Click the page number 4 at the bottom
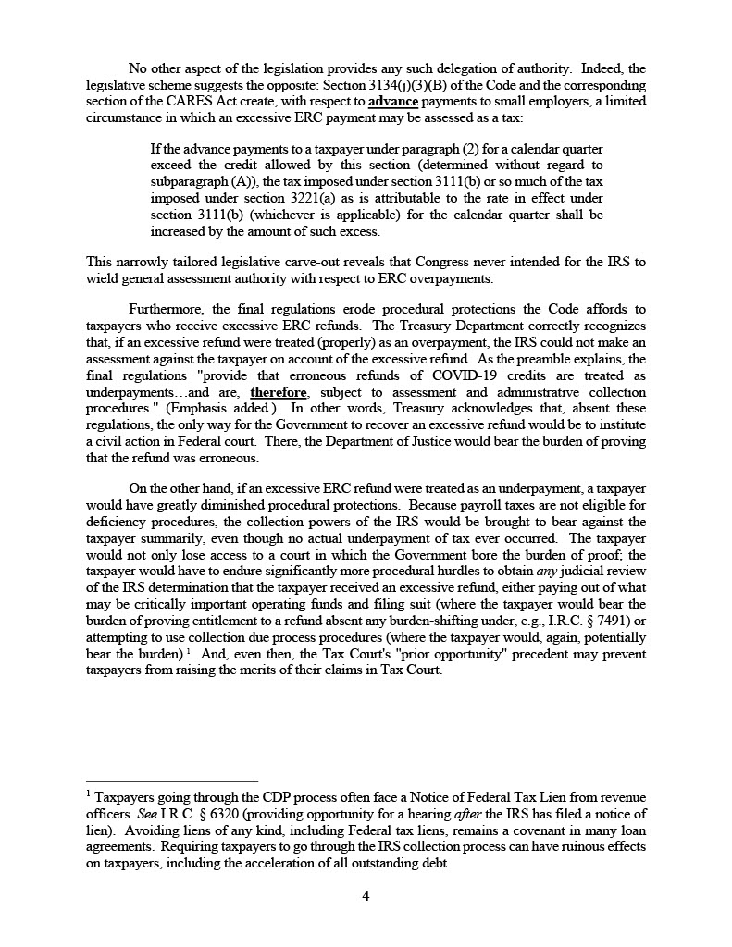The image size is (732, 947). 366,895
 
